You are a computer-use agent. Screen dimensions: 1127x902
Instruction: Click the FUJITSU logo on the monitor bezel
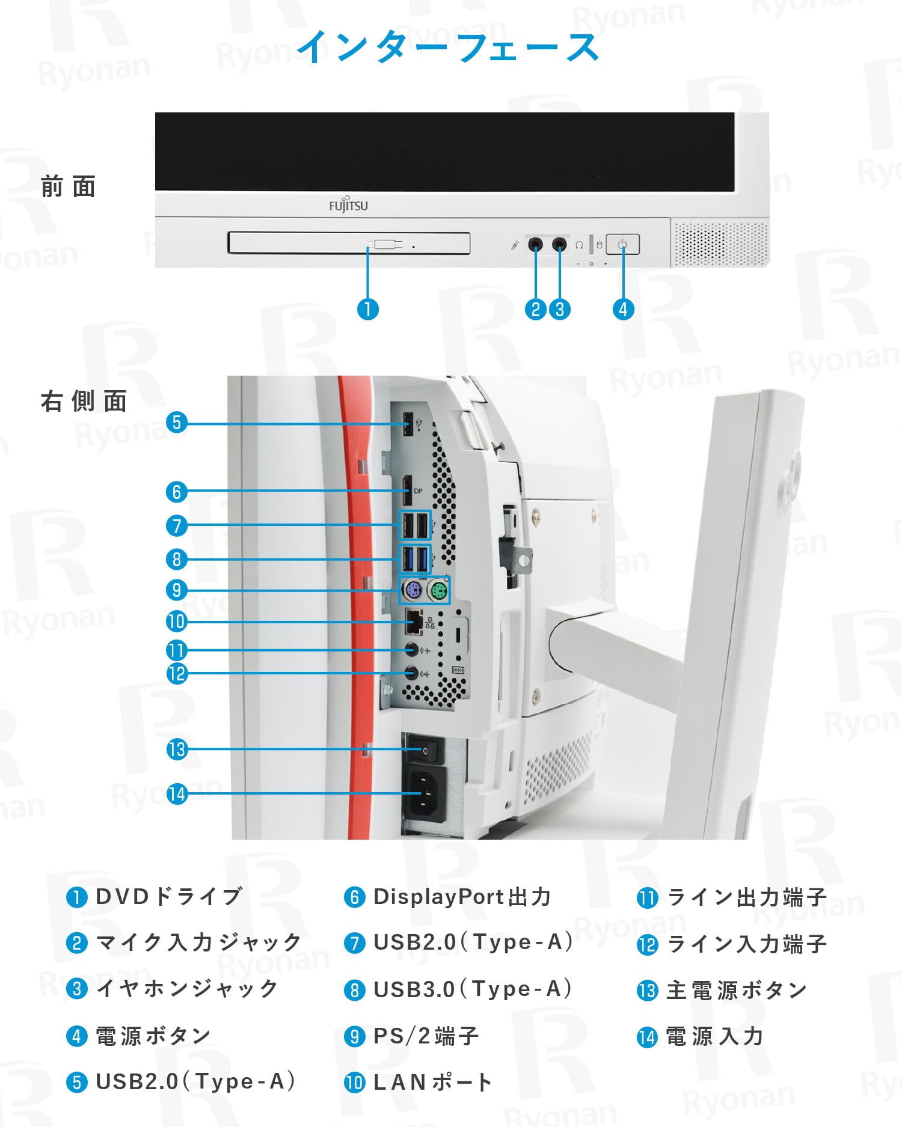348,206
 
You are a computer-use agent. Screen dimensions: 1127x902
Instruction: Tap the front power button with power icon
622,245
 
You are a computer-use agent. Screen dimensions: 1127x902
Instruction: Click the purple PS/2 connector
412,591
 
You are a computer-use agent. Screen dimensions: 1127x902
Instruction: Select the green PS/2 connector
438,591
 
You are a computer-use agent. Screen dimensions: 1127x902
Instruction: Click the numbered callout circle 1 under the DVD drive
368,310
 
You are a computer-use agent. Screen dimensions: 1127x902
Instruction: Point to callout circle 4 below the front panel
623,310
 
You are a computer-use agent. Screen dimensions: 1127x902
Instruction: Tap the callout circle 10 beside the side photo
177,622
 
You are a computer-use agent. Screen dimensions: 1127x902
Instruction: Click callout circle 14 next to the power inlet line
177,794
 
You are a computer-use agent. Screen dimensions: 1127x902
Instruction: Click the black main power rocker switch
425,750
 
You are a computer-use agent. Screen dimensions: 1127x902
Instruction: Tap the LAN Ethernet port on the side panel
414,622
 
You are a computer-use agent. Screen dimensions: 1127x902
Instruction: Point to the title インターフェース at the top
449,47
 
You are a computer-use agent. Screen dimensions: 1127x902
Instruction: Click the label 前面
69,187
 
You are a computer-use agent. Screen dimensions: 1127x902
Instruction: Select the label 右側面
84,401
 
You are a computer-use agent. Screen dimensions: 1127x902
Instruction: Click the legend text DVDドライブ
169,897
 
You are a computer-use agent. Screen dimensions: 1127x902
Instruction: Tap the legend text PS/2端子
426,1036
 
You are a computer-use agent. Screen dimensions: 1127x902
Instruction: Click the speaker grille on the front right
720,243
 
